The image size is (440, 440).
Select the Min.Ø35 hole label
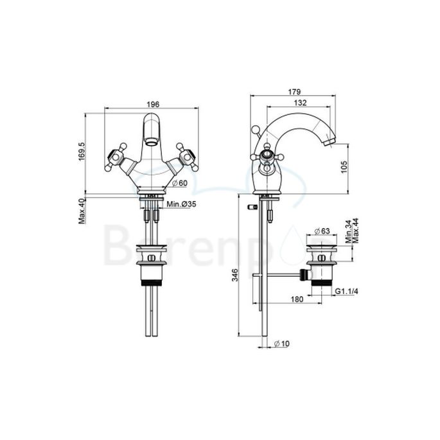point(181,205)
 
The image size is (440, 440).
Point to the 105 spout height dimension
point(344,167)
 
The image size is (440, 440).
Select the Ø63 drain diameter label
point(321,231)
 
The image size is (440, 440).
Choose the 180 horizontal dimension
point(297,299)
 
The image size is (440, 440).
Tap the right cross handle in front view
point(189,156)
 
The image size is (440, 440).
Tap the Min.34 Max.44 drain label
point(351,229)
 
